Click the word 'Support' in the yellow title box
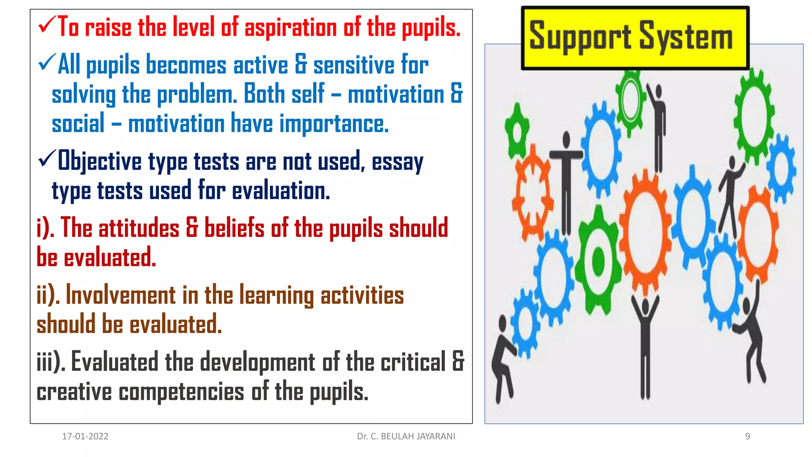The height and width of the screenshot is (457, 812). [x=580, y=37]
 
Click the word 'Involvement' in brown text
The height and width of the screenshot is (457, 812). [x=121, y=296]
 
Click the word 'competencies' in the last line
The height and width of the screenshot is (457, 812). [x=181, y=392]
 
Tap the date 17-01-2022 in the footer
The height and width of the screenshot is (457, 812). [x=85, y=436]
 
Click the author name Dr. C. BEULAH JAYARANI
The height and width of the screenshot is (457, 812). [x=406, y=436]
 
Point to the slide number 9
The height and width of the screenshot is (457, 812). [x=747, y=436]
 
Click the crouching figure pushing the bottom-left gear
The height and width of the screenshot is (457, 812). [x=503, y=357]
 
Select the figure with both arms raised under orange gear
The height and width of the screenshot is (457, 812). [x=645, y=341]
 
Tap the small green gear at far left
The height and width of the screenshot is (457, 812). [x=517, y=131]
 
